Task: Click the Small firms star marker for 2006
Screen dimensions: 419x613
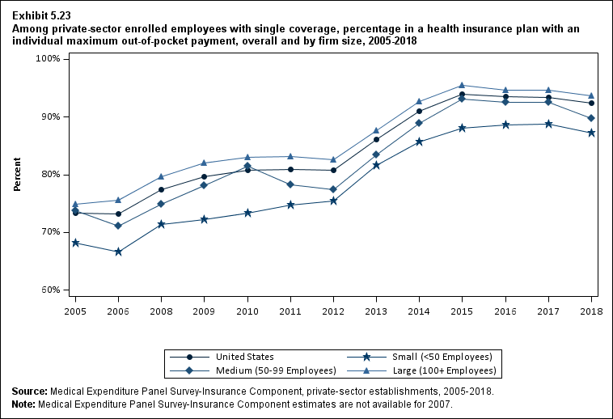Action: (118, 252)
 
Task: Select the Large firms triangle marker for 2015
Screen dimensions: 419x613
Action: (462, 85)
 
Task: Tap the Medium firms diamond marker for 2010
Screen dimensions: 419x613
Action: (247, 166)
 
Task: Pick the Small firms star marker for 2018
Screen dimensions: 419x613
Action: (591, 133)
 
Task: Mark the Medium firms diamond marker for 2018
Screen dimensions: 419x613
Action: (591, 118)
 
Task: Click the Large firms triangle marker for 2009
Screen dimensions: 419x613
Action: (205, 163)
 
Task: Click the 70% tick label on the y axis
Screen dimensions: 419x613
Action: (52, 232)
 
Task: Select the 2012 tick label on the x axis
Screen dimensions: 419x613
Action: (333, 311)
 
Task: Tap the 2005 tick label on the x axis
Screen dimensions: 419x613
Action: (75, 311)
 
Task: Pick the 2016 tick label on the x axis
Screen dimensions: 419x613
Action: (505, 311)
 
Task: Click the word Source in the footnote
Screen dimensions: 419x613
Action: (30, 391)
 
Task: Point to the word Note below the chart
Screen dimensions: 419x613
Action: (24, 403)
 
